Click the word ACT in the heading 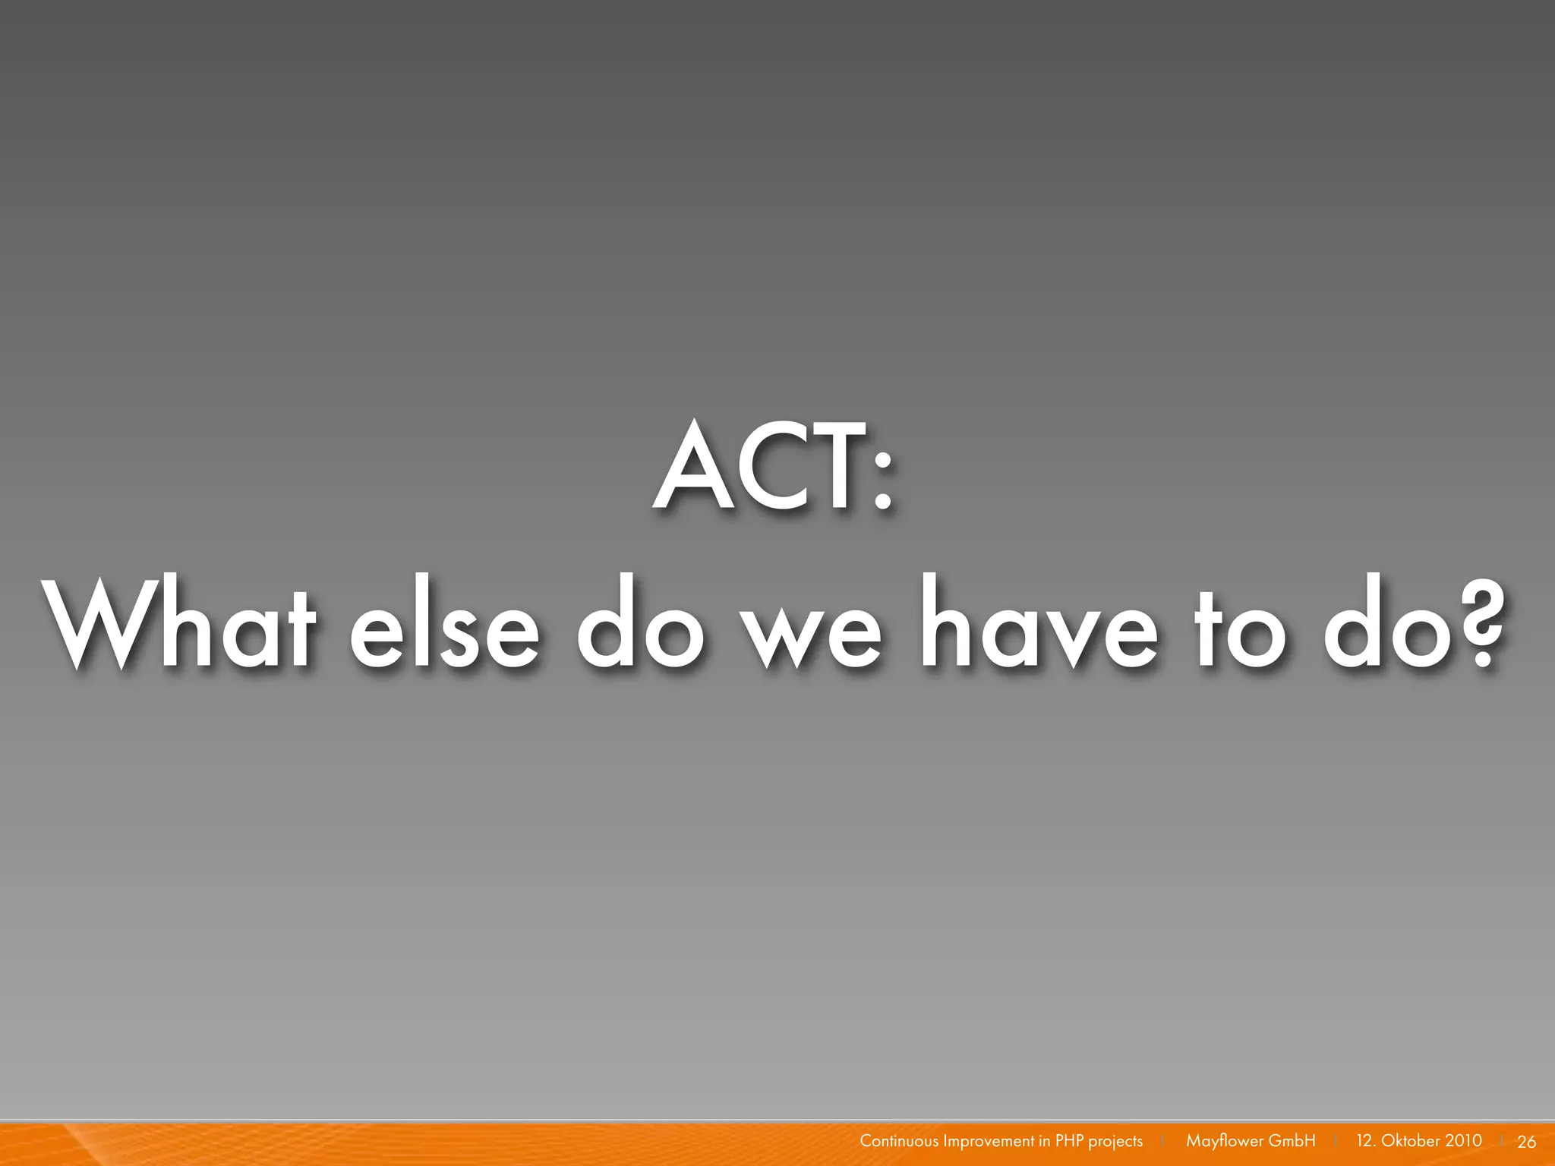pos(759,466)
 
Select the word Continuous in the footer pos(899,1141)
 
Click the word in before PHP pos(1045,1141)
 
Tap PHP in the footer pos(1069,1141)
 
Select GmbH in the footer pos(1292,1141)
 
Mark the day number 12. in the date pos(1365,1141)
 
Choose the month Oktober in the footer pos(1411,1141)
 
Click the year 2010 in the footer pos(1463,1141)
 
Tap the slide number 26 pos(1527,1142)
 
